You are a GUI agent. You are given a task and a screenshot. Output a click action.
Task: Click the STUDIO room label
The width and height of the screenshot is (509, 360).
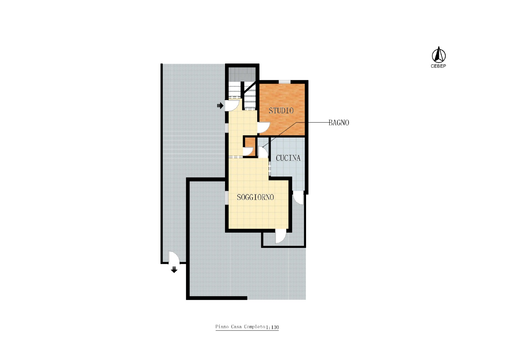tap(281, 110)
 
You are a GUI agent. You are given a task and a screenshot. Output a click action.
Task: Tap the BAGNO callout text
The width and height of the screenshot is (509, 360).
tap(339, 123)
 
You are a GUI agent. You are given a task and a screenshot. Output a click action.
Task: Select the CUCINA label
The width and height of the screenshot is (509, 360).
tap(288, 158)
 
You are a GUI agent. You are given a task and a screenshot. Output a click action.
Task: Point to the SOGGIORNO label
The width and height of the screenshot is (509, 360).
tap(255, 197)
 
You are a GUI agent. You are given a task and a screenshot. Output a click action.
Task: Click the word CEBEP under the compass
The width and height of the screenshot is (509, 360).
tap(438, 66)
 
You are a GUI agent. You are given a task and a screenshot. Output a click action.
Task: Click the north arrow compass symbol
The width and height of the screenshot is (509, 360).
tap(438, 55)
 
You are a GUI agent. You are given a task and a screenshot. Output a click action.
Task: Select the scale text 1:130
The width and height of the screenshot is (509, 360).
tap(272, 327)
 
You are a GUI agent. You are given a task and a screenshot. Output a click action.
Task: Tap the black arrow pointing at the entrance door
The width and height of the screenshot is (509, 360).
tap(220, 106)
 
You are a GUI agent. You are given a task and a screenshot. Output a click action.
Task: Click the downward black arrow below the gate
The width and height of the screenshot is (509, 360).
tap(174, 269)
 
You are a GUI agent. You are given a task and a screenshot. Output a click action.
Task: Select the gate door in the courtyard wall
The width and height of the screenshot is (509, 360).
tap(174, 257)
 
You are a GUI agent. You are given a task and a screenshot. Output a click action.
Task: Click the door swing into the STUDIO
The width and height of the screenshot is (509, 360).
tap(264, 127)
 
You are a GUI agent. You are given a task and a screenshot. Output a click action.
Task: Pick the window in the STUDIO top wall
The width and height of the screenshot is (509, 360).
tap(285, 82)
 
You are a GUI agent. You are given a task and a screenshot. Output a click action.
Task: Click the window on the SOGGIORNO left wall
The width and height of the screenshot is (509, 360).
tap(227, 197)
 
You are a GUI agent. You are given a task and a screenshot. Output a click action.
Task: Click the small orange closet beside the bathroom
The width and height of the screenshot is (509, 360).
tap(250, 147)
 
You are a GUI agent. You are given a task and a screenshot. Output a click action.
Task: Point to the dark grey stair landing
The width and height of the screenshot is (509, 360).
tap(242, 74)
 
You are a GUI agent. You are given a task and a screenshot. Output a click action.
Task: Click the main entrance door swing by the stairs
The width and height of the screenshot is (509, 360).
tap(232, 105)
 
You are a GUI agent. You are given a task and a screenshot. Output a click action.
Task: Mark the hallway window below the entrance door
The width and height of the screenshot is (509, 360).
tap(227, 128)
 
